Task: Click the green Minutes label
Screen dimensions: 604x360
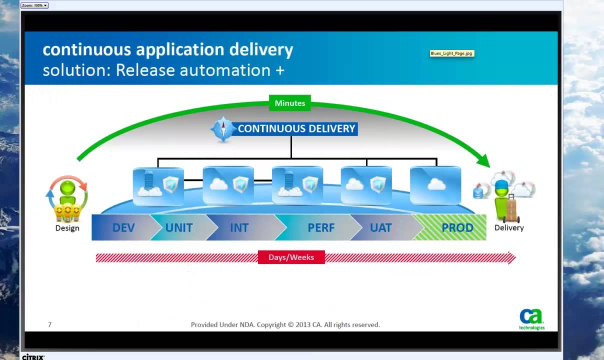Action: pyautogui.click(x=290, y=103)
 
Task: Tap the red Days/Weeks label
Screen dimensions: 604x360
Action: pyautogui.click(x=291, y=257)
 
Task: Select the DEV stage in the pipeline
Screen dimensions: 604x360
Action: pyautogui.click(x=123, y=228)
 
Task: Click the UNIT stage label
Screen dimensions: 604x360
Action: pyautogui.click(x=179, y=228)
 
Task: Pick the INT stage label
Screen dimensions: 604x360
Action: pyautogui.click(x=239, y=228)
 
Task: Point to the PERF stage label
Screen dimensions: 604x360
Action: pyautogui.click(x=321, y=228)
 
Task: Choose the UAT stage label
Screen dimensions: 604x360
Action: pyautogui.click(x=380, y=228)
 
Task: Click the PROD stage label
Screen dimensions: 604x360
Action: pyautogui.click(x=457, y=228)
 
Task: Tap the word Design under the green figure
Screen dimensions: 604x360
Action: pyautogui.click(x=67, y=228)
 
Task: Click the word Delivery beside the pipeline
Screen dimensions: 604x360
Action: pyautogui.click(x=509, y=228)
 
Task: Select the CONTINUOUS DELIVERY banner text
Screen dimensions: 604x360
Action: pyautogui.click(x=296, y=128)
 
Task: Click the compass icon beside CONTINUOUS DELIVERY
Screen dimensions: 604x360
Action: pyautogui.click(x=223, y=129)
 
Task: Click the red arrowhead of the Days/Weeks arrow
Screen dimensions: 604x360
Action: pyautogui.click(x=511, y=258)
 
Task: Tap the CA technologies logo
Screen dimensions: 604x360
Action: pyautogui.click(x=531, y=319)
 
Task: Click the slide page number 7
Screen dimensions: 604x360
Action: pyautogui.click(x=49, y=324)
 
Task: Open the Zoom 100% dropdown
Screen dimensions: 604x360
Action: pyautogui.click(x=34, y=5)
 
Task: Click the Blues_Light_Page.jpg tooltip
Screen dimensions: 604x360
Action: pyautogui.click(x=451, y=53)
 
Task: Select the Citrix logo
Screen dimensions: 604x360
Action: pyautogui.click(x=33, y=357)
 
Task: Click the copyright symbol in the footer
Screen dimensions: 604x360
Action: pyautogui.click(x=291, y=324)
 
